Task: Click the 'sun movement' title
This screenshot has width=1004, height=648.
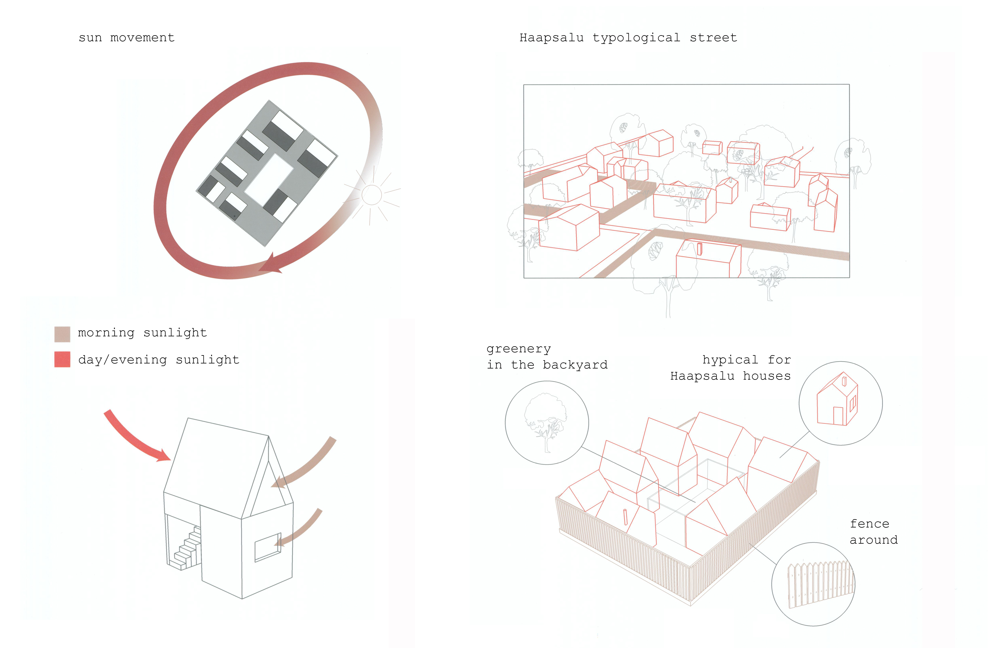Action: point(126,38)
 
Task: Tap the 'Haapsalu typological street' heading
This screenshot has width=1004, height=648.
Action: point(628,38)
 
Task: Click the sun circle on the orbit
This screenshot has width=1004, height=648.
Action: point(371,195)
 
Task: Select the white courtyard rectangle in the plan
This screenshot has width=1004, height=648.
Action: point(269,179)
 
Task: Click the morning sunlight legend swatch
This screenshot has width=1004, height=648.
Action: point(62,334)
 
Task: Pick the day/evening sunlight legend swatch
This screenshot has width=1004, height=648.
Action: point(62,359)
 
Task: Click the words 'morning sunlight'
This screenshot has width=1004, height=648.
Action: point(142,333)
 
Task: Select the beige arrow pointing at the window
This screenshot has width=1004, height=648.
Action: point(301,528)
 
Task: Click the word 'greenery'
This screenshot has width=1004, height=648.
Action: point(519,349)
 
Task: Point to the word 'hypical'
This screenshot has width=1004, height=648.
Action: point(730,360)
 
